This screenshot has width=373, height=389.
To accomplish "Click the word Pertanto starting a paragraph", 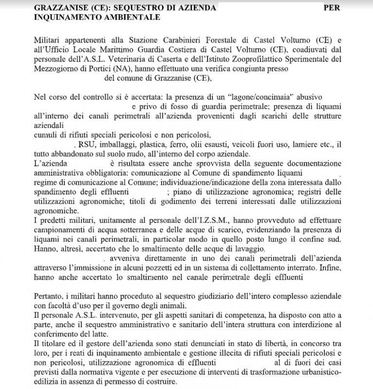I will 49,296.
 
